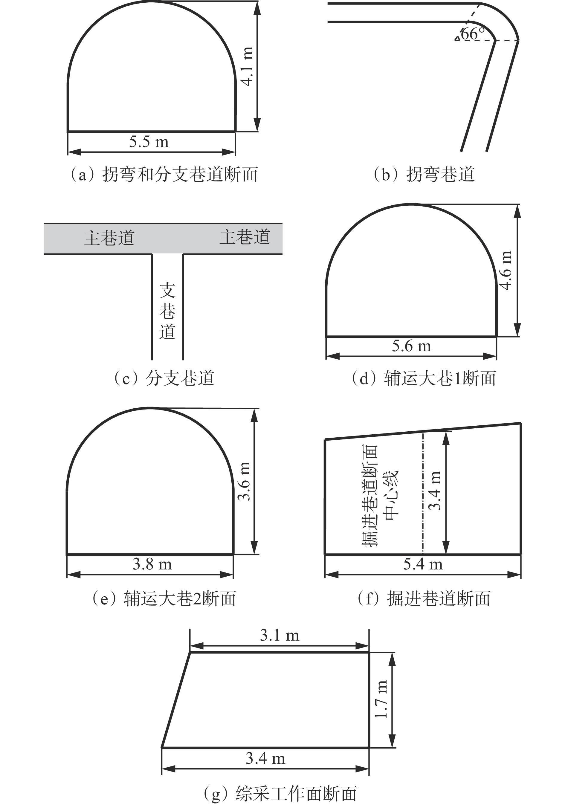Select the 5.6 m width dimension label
click(x=411, y=346)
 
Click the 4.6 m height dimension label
click(x=506, y=270)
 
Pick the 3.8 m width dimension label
click(x=152, y=564)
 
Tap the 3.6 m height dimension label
click(x=244, y=481)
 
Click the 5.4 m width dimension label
click(x=423, y=564)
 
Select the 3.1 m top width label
click(x=280, y=635)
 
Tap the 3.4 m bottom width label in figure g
click(x=265, y=759)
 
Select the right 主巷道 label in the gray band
click(x=245, y=237)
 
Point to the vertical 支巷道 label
click(x=167, y=311)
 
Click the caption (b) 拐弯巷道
click(x=424, y=174)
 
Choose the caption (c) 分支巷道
click(x=164, y=378)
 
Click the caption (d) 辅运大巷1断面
click(x=424, y=378)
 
